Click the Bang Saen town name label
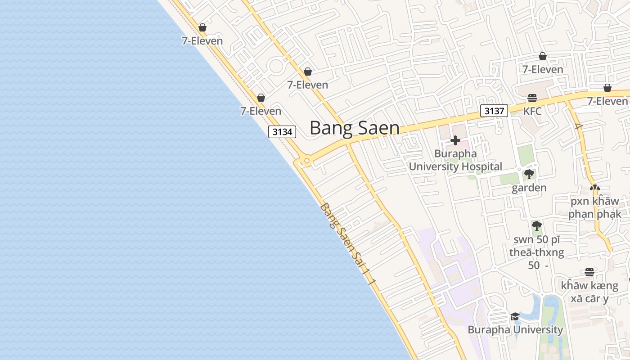coord(354,128)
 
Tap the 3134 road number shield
coord(283,132)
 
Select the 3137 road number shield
coord(494,111)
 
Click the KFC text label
coord(532,111)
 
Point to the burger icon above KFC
coord(532,98)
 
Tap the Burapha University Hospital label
coord(455,160)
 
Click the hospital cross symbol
coord(455,140)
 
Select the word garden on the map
coord(529,188)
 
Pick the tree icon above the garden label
coord(529,174)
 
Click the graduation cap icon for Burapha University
coord(515,317)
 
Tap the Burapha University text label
coord(515,330)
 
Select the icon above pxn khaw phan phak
coord(594,188)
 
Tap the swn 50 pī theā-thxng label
coord(536,252)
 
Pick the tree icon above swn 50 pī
coord(536,226)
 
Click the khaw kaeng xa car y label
coord(589,292)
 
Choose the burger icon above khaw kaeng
coord(589,272)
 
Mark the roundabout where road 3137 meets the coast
coord(306,161)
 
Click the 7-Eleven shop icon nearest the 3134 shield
coord(261,98)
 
